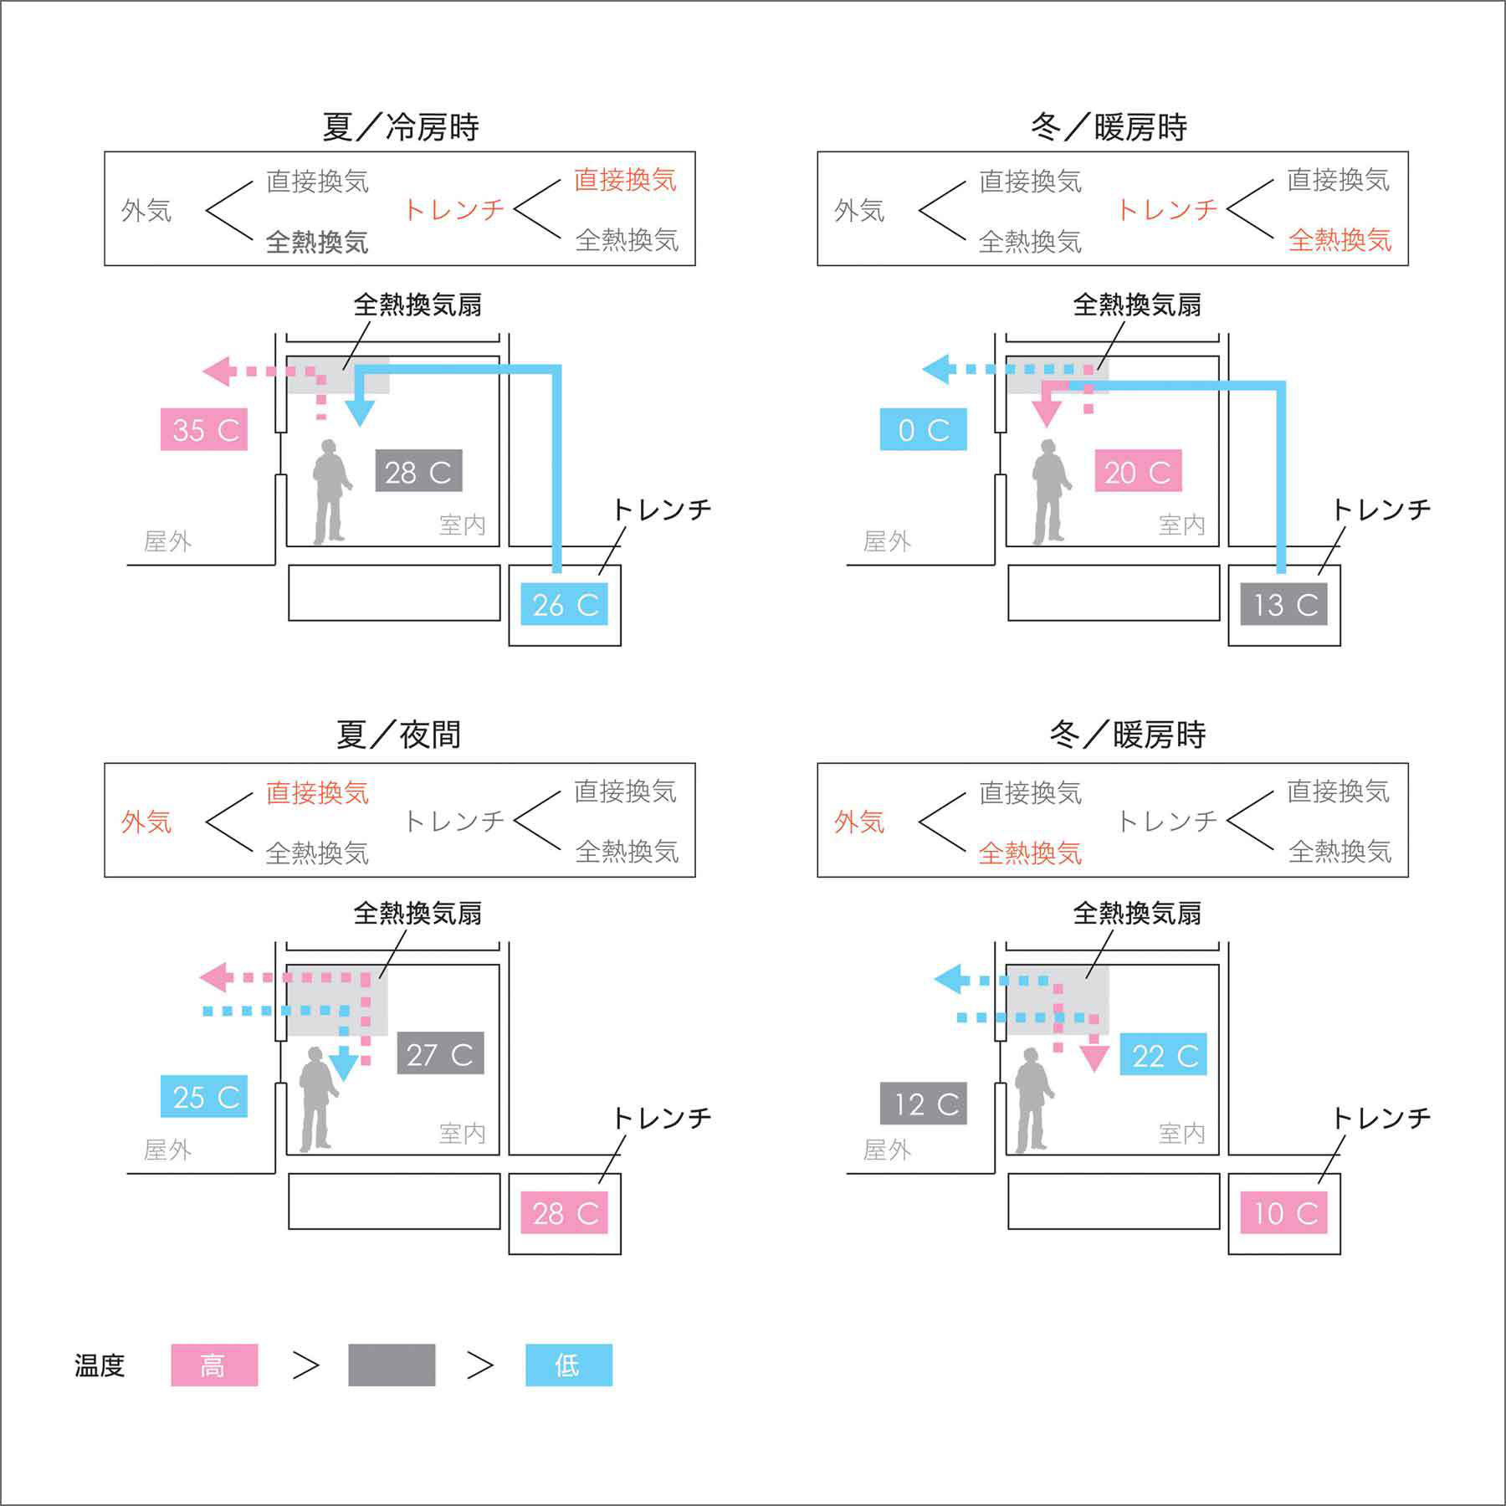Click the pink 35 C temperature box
[204, 429]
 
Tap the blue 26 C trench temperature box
[565, 604]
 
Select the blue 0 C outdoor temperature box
[923, 429]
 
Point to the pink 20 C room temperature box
[1138, 471]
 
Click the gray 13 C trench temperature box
[1284, 604]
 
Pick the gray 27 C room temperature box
[440, 1053]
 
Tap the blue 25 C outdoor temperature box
[204, 1096]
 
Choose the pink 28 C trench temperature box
[565, 1212]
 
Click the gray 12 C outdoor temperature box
[924, 1104]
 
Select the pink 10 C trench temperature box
[1284, 1212]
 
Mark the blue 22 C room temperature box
[1164, 1055]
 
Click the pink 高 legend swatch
[214, 1365]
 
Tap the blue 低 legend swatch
[569, 1365]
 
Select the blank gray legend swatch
[392, 1365]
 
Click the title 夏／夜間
[398, 735]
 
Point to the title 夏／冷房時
[400, 127]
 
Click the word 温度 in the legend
[100, 1365]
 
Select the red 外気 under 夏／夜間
[146, 822]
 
